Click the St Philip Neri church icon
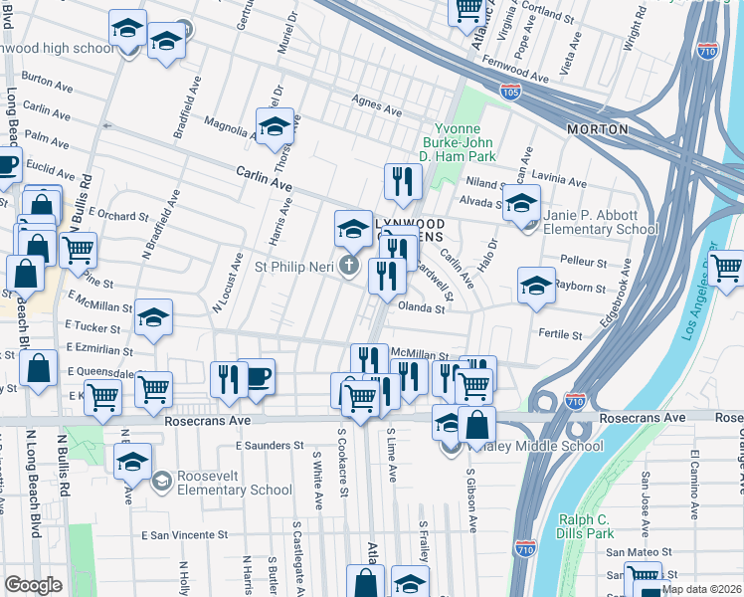[347, 266]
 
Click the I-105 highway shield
[509, 93]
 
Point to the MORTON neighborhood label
[597, 129]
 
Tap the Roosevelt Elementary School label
[235, 483]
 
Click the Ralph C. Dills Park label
[584, 525]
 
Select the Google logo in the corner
[33, 585]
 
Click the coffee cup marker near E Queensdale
[257, 377]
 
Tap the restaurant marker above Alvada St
[403, 181]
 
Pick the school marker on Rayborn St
[536, 285]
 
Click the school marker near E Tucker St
[153, 317]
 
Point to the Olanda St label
[422, 308]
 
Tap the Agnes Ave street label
[374, 100]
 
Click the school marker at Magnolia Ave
[275, 126]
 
